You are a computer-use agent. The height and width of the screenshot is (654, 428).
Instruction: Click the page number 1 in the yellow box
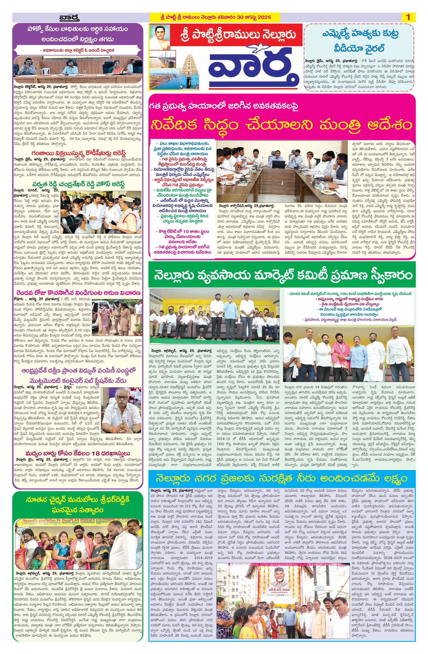point(408,17)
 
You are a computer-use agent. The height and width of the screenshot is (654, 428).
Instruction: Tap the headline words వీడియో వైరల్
point(359,48)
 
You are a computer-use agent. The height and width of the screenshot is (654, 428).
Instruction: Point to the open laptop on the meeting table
point(279,165)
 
